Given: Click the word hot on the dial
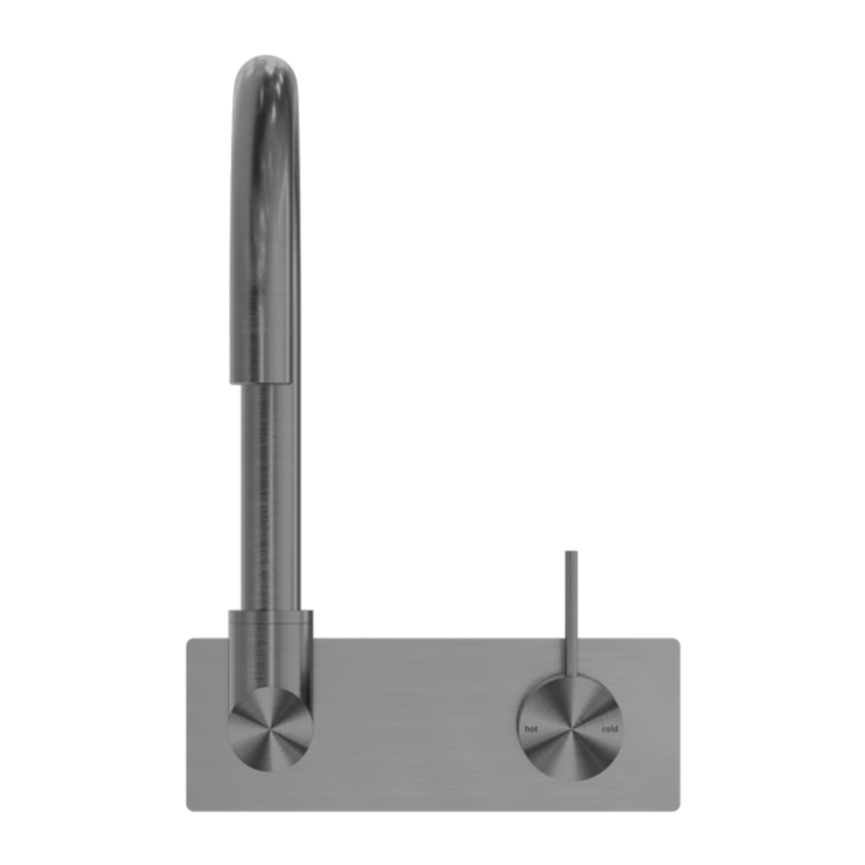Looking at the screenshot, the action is pos(530,729).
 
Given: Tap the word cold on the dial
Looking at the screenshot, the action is pos(610,729).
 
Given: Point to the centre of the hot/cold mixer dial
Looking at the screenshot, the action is pos(571,729).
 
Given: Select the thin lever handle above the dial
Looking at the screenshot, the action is pos(572,614).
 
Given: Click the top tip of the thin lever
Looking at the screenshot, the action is pos(572,551).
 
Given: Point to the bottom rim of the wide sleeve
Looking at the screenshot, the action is pos(261,381).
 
